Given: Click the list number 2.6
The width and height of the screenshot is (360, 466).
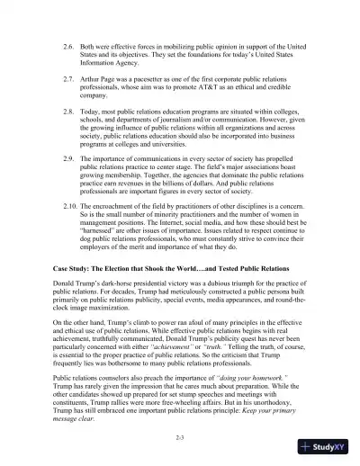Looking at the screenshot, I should click(x=66, y=43).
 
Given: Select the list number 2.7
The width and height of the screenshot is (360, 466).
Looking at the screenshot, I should click(x=66, y=80).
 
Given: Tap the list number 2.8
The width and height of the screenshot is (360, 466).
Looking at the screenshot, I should click(x=66, y=116).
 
